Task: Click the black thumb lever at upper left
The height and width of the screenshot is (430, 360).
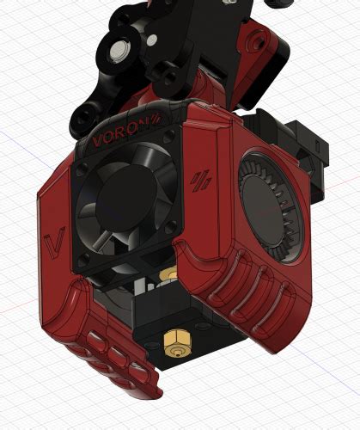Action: tap(90, 112)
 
